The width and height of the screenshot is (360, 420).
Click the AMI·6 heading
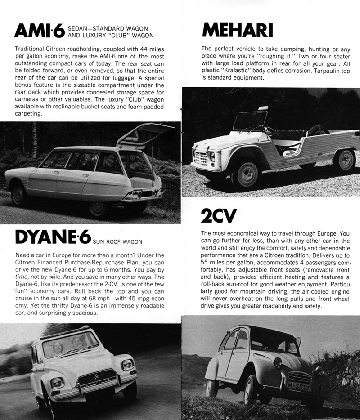pyautogui.click(x=40, y=30)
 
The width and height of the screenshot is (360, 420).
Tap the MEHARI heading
pyautogui.click(x=238, y=30)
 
